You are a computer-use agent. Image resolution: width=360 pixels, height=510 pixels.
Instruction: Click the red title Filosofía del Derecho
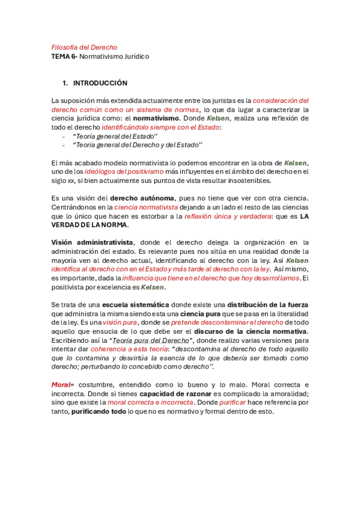[84, 47]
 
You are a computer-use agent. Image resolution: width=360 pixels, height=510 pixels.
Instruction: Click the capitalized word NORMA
[112, 226]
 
